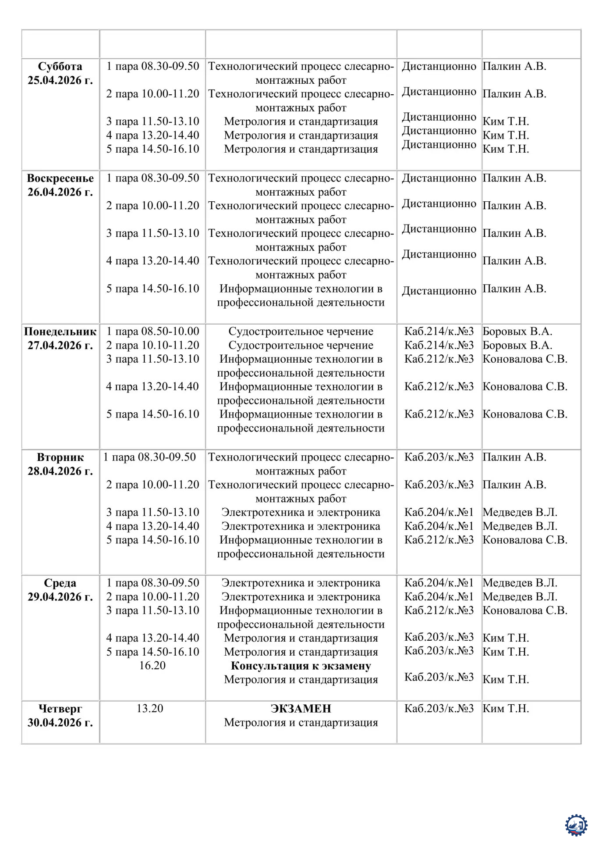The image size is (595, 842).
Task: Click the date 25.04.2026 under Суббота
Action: (x=60, y=80)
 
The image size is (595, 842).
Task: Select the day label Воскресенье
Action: (x=60, y=178)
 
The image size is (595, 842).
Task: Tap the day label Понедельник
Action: (x=60, y=331)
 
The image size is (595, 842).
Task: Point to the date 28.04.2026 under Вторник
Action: (x=60, y=471)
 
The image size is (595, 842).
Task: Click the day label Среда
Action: (x=60, y=583)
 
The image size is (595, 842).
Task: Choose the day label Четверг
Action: (x=60, y=708)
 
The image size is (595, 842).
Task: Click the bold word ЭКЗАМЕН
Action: (x=301, y=708)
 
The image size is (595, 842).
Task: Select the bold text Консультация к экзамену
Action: (x=301, y=666)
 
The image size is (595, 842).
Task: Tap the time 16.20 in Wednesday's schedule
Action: (x=152, y=665)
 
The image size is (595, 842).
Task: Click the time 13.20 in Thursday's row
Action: (x=150, y=708)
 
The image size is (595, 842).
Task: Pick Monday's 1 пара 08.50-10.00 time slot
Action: (x=152, y=331)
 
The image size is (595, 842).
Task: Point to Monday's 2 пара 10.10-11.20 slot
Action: (x=152, y=345)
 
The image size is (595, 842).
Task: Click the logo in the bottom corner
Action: (x=576, y=825)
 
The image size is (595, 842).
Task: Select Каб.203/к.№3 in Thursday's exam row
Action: (x=439, y=708)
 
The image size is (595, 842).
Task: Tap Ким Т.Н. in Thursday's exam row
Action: (x=506, y=708)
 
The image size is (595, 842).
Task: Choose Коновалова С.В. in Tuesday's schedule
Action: (x=525, y=540)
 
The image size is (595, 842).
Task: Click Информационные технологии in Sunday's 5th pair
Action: (x=301, y=289)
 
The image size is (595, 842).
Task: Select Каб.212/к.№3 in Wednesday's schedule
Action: (x=439, y=610)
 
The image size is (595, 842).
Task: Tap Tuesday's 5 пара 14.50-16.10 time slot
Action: (x=152, y=540)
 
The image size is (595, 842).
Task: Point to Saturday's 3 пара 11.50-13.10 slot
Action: (x=152, y=121)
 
